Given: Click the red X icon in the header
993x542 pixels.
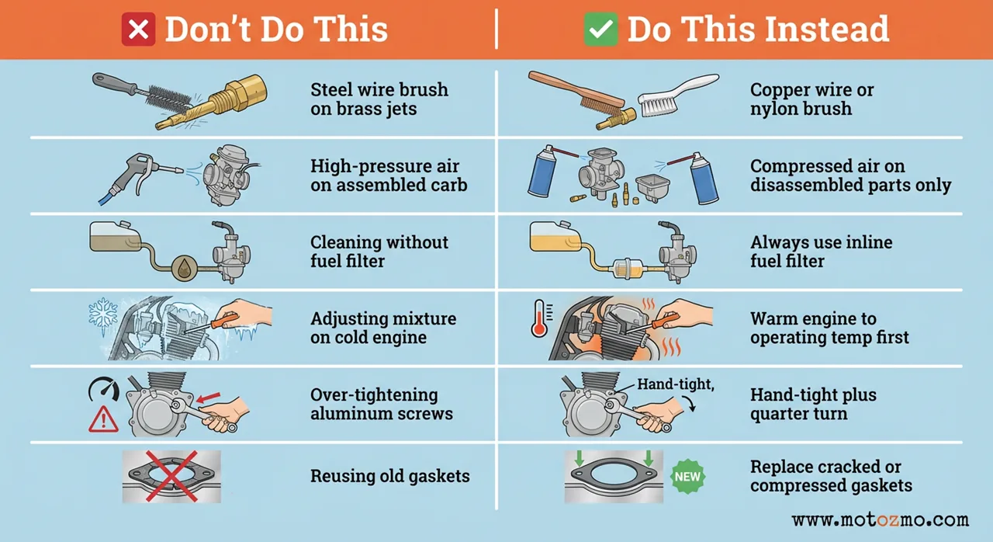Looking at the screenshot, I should [x=140, y=30].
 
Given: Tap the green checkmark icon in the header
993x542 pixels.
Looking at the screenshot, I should [x=600, y=30].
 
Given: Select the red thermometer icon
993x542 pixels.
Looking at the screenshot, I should [x=538, y=318].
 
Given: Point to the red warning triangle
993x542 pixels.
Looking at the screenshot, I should [x=103, y=419].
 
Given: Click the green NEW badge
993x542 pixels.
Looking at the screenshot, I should [x=687, y=476].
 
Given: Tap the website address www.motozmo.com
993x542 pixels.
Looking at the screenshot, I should [x=880, y=520].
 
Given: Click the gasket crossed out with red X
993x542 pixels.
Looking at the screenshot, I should [x=171, y=475].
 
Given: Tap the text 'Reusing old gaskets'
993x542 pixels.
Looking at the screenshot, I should [x=389, y=476].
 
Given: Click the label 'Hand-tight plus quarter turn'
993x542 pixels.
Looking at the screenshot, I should [x=812, y=404].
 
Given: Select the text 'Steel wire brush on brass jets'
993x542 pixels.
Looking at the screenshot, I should [x=379, y=99].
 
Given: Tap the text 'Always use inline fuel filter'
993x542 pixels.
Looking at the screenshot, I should [x=821, y=252].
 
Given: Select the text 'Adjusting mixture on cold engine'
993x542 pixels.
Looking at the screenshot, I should [x=382, y=328].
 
